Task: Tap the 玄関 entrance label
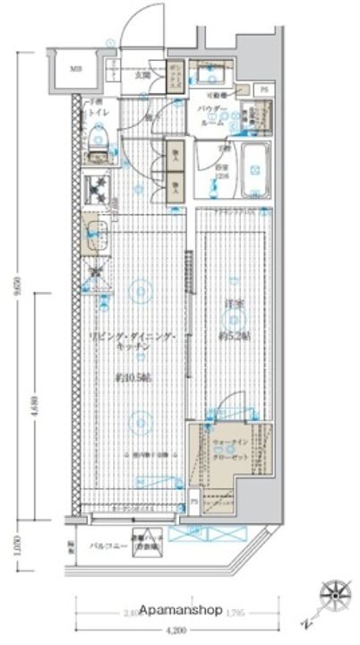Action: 142,74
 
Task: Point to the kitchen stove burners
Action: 96,189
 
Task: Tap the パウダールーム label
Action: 215,114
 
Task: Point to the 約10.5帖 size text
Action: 133,378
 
